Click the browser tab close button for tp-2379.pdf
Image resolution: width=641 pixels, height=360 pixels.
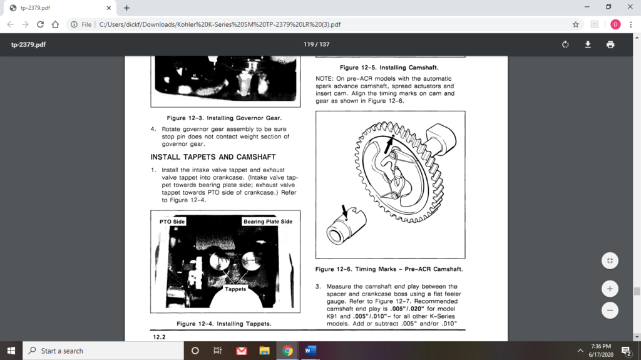108,8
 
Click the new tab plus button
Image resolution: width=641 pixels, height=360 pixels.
126,8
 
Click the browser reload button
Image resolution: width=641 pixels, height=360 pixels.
41,24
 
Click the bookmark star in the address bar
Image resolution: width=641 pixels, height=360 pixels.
575,24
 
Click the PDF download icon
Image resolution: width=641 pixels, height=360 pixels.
588,44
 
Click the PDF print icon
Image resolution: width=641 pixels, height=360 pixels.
610,44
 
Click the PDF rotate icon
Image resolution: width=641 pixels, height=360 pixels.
565,44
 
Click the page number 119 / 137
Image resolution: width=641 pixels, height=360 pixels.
316,44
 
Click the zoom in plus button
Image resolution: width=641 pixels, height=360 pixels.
610,289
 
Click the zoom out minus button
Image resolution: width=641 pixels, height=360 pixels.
610,310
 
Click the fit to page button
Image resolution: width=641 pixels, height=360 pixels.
610,260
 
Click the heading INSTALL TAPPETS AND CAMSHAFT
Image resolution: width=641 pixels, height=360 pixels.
213,157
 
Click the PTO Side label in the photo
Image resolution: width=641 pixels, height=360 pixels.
172,222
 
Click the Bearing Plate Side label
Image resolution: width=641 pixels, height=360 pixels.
267,222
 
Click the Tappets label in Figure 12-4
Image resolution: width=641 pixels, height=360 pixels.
235,289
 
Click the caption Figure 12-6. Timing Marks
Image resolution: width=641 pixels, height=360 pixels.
389,269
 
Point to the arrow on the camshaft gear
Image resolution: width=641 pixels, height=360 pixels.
389,143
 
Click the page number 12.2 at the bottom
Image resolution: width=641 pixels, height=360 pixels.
160,337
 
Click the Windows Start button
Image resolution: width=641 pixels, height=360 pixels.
11,351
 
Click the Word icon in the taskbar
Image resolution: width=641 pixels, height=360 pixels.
310,351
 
